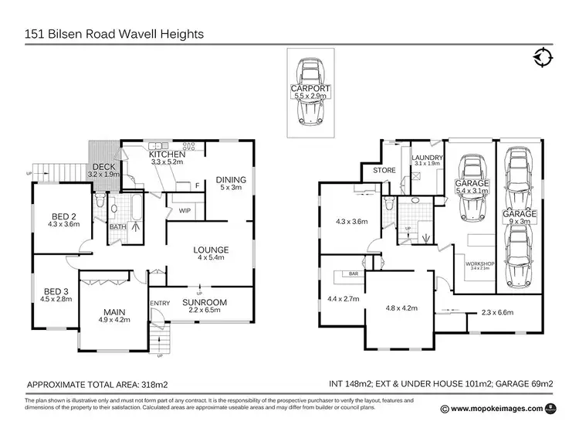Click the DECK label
(104, 167)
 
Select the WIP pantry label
(186, 209)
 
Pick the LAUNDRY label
(426, 157)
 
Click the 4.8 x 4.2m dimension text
(401, 308)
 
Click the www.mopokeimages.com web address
(497, 409)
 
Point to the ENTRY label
(160, 303)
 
